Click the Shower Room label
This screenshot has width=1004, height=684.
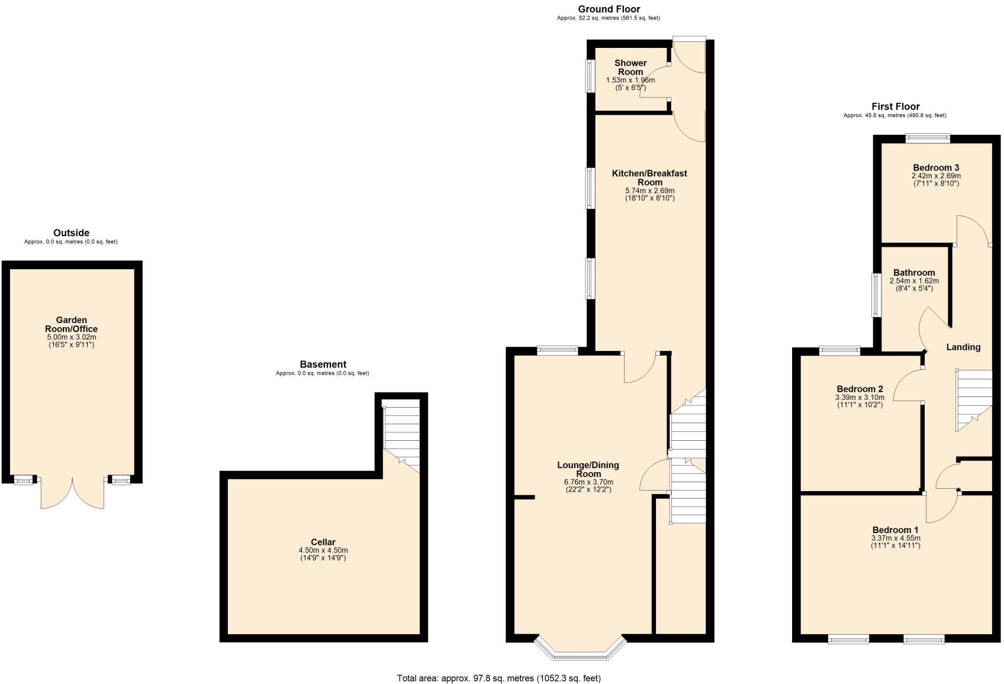coord(630,67)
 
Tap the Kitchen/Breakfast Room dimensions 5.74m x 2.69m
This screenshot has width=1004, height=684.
coord(649,191)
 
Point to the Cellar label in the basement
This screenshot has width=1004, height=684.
coord(323,542)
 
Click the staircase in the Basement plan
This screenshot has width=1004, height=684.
coord(401,435)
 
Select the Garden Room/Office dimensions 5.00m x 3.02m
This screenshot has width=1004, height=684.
coord(71,337)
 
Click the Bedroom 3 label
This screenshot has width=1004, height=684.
coord(936,167)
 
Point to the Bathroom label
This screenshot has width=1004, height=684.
coord(914,273)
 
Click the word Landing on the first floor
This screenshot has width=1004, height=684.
coord(963,347)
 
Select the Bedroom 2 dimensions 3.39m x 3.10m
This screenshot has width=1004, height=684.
coord(859,397)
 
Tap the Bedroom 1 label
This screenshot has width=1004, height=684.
coord(895,530)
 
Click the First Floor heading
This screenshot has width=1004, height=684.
coord(895,107)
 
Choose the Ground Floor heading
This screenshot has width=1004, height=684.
coord(609,9)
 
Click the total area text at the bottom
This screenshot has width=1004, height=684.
coord(498,678)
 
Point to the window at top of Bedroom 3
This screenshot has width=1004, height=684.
coord(927,138)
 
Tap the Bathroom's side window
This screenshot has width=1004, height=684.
coord(876,295)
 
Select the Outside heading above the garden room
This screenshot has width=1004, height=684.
coord(71,233)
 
